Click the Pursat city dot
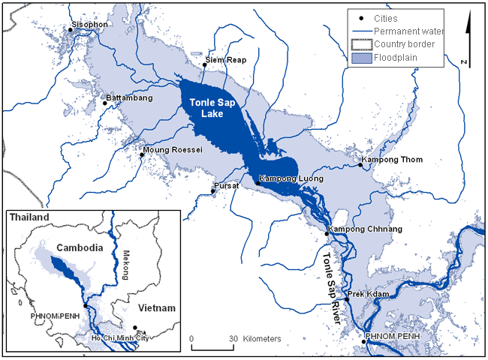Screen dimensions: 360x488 (x=212, y=191)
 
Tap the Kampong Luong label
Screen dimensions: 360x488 (x=291, y=179)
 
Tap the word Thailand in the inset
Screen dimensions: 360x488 (x=29, y=217)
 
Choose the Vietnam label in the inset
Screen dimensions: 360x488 (x=155, y=308)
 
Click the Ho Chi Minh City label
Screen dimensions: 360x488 (x=133, y=339)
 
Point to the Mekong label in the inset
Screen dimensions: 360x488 (x=126, y=263)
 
